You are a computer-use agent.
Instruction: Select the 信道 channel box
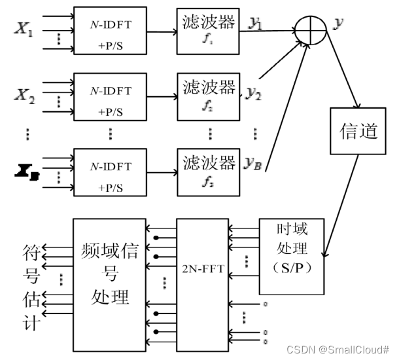click(x=359, y=131)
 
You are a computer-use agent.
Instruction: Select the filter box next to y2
click(x=208, y=96)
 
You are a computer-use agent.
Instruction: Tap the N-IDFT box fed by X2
click(x=109, y=96)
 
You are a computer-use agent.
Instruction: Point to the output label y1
click(x=256, y=24)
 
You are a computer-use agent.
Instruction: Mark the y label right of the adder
click(x=339, y=24)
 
